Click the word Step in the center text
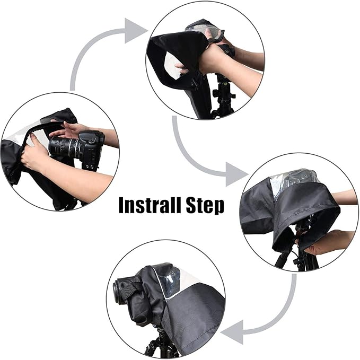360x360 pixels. coord(205,206)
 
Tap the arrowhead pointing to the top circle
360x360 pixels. coord(135,31)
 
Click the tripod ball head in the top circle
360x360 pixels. coord(223,92)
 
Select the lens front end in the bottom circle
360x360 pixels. coord(117,292)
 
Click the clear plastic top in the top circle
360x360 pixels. coord(204,29)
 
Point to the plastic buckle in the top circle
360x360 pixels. coord(195,83)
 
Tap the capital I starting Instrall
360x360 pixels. coord(121,205)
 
